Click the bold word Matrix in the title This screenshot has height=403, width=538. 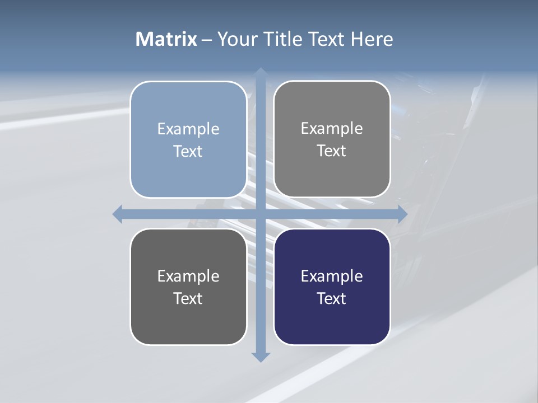tap(166, 39)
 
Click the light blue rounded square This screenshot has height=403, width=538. tap(188, 139)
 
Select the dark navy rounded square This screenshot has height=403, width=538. tap(332, 287)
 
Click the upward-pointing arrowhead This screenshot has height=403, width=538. tap(261, 73)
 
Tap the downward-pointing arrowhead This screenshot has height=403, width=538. tap(261, 357)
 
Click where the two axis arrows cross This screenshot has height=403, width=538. tap(261, 214)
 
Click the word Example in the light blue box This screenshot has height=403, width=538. tap(188, 129)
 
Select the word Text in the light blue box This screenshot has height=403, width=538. tap(188, 151)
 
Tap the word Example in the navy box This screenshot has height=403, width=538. tap(332, 276)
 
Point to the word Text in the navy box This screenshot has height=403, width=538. tap(332, 298)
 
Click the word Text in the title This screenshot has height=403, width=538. tap(327, 39)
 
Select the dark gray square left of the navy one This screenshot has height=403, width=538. tap(188, 287)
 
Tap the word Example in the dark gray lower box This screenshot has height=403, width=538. tap(188, 276)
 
